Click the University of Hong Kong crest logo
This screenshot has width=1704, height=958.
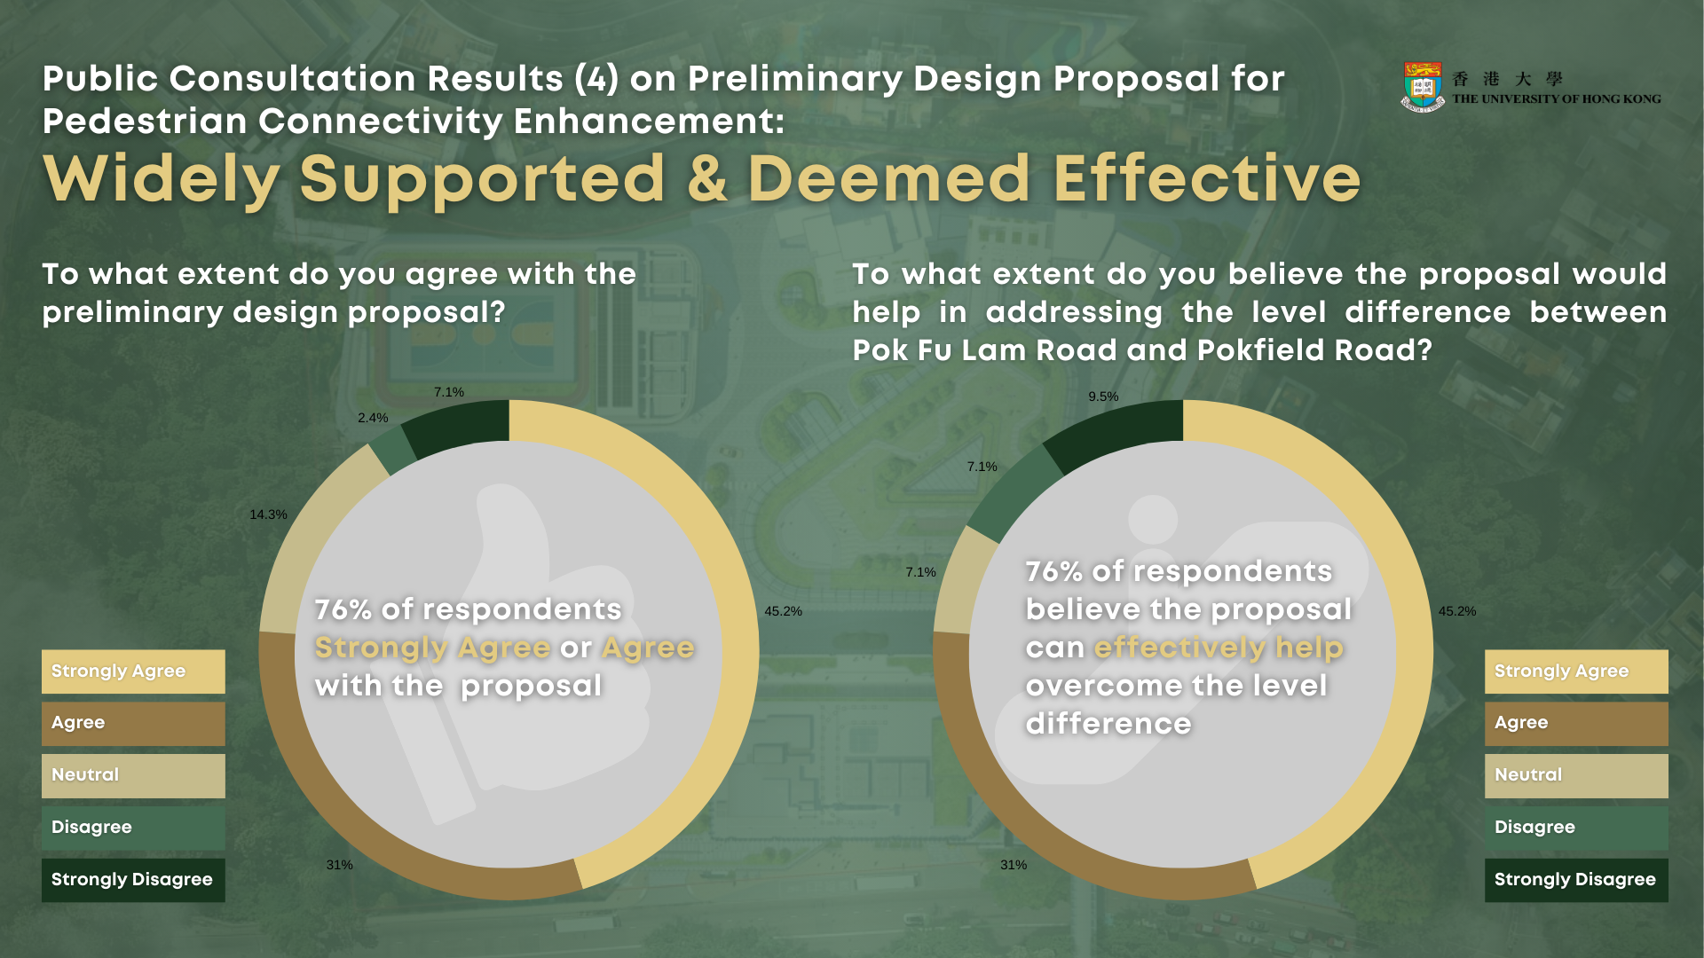1423,86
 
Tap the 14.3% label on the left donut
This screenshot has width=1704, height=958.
268,514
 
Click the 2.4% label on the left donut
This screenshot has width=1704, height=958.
373,418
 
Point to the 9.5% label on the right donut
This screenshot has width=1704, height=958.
1103,397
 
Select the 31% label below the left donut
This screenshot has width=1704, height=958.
339,865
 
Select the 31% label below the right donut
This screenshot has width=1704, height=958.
1014,865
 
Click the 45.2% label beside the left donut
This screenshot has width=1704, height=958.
783,611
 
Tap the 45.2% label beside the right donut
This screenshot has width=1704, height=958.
1457,611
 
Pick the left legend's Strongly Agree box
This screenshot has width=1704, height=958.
133,671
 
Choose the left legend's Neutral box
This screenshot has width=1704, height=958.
133,776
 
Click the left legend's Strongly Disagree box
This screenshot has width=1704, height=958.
133,880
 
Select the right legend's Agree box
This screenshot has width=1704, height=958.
1576,724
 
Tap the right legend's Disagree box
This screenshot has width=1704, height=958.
1576,828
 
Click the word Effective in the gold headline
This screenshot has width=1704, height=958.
1207,179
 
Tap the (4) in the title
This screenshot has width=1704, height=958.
596,79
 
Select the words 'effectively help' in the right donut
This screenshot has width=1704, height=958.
1219,648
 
